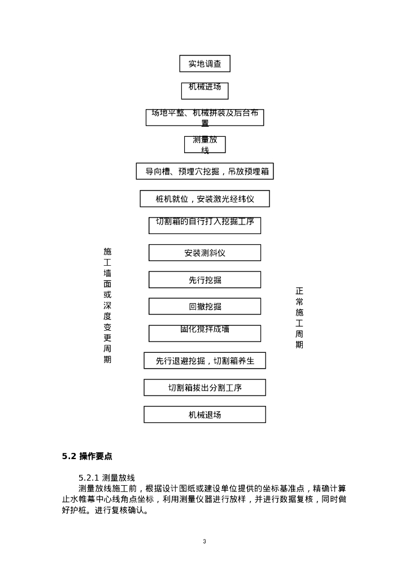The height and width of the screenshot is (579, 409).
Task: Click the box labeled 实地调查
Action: coord(204,63)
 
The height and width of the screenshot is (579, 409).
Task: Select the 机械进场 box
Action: coord(204,90)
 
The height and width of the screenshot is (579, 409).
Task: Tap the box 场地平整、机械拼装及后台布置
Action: coord(204,117)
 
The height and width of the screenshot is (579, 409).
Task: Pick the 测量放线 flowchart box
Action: coord(204,144)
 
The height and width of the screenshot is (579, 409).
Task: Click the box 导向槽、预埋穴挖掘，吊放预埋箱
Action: coord(204,171)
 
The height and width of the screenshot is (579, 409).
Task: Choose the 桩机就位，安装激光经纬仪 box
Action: coord(204,198)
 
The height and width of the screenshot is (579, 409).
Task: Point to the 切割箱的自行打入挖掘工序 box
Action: coord(204,225)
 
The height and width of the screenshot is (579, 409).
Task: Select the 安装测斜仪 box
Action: coord(204,253)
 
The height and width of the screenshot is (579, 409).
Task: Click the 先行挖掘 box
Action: coord(204,279)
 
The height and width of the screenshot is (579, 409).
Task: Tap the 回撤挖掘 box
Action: coord(204,306)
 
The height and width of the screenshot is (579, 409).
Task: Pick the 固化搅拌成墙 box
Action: coord(204,333)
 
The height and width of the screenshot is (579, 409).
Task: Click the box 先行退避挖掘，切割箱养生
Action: coord(204,361)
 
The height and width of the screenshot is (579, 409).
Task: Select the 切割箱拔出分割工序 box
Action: coord(204,387)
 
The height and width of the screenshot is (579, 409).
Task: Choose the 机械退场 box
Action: coord(204,414)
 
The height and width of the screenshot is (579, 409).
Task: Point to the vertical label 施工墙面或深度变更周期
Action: coord(107,305)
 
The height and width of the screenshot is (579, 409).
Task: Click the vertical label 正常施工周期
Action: coord(299,317)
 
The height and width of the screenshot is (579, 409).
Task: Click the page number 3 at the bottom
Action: coord(204,542)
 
